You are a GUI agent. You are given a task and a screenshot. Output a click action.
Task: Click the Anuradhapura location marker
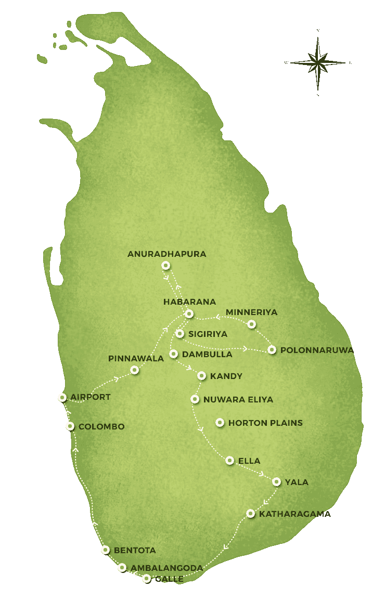[x=165, y=265]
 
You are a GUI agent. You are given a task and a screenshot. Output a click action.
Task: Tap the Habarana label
[x=189, y=302]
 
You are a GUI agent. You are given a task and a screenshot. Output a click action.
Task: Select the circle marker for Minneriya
[x=251, y=324]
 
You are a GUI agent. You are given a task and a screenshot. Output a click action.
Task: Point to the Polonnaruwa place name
[x=317, y=350]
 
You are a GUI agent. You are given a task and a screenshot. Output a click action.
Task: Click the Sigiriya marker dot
[x=179, y=334]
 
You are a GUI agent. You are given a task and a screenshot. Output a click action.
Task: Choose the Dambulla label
[x=207, y=354]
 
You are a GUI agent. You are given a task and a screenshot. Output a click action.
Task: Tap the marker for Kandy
[x=201, y=376]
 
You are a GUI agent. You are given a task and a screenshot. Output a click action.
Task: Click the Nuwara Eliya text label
[x=238, y=399]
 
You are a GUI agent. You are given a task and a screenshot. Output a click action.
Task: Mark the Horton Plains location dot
[x=220, y=423]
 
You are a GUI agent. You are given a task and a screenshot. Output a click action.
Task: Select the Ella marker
[x=230, y=460]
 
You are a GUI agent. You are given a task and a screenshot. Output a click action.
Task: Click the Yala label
[x=297, y=482]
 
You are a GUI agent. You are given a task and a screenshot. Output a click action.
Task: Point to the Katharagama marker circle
[x=250, y=514]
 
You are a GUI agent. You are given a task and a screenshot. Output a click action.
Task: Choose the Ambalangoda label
[x=166, y=568]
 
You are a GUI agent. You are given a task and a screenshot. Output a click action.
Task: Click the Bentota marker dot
[x=106, y=550]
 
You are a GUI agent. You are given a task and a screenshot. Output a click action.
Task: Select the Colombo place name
[x=101, y=426]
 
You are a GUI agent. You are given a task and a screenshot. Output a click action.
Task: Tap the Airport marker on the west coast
[x=62, y=398]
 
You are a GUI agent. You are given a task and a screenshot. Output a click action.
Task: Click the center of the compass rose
[x=318, y=63]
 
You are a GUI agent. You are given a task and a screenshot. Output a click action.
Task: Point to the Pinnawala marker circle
[x=135, y=370]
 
